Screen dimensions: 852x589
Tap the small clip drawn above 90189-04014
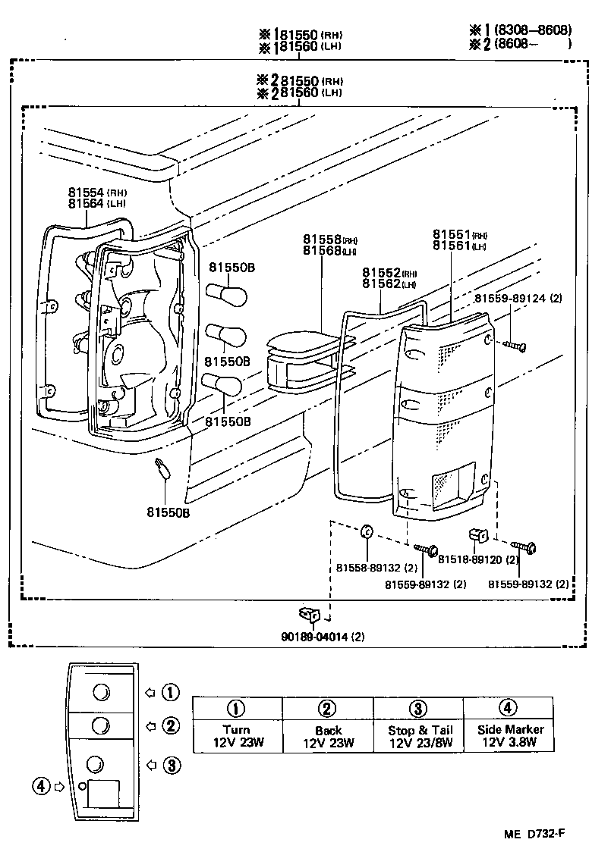(x=310, y=612)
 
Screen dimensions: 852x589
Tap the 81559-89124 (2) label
(x=518, y=299)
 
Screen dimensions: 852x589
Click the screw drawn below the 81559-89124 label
(x=513, y=345)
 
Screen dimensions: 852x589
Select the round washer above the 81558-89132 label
(x=365, y=531)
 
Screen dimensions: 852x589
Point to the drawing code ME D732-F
(x=534, y=835)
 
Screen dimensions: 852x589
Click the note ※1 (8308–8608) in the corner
(x=518, y=30)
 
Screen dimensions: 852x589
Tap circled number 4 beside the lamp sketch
(x=41, y=786)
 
